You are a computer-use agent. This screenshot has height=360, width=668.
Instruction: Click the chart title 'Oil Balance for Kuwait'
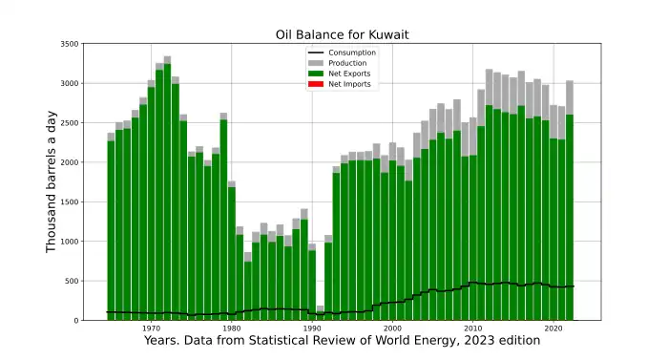coord(341,35)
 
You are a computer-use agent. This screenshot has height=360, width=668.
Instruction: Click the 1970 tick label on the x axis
coord(152,329)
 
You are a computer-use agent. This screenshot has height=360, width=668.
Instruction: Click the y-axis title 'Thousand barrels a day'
coord(52,181)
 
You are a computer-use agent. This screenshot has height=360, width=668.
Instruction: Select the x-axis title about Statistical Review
coord(341,342)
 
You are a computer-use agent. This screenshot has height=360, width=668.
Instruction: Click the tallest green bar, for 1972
coord(168,191)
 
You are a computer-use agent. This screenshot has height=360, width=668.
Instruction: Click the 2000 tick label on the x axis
coord(392,329)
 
